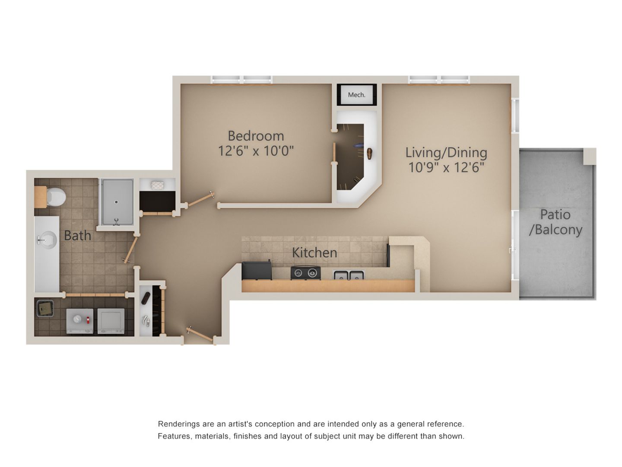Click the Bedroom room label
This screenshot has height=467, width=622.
click(256, 136)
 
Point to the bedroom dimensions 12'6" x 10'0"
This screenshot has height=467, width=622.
click(256, 151)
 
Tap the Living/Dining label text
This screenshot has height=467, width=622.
click(446, 152)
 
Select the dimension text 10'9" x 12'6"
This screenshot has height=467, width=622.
click(446, 167)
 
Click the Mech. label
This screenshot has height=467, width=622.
click(356, 95)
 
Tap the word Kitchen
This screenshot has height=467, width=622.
click(314, 253)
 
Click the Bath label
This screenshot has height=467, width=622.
click(78, 236)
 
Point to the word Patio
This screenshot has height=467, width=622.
click(555, 214)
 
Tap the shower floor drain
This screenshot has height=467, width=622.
click(116, 202)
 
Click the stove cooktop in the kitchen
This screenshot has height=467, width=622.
click(306, 273)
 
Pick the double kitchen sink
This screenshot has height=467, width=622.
click(349, 275)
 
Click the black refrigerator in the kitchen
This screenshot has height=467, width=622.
click(257, 271)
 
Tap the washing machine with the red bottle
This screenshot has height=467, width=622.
click(80, 321)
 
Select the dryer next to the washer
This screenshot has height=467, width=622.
click(111, 321)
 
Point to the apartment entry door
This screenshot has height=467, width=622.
click(201, 335)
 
